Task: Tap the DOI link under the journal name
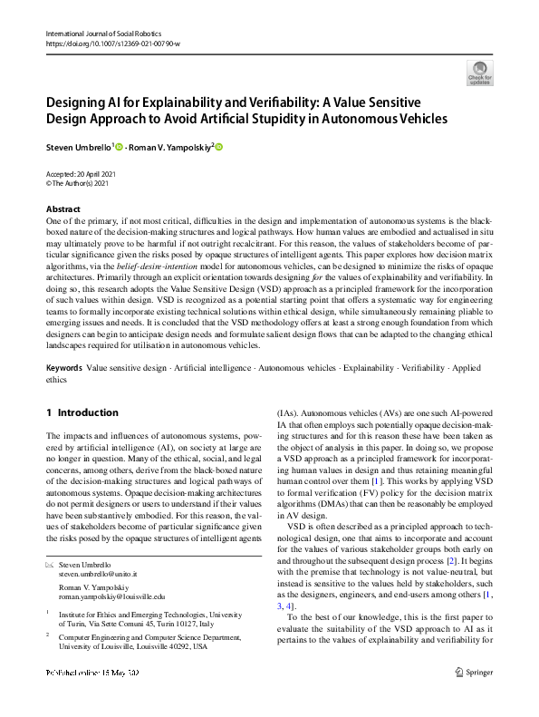(x=111, y=44)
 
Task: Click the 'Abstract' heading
(x=63, y=208)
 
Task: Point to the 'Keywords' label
(x=63, y=370)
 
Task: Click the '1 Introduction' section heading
(x=82, y=412)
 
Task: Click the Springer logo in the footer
(x=475, y=673)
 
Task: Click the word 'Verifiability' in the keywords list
(x=419, y=370)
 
